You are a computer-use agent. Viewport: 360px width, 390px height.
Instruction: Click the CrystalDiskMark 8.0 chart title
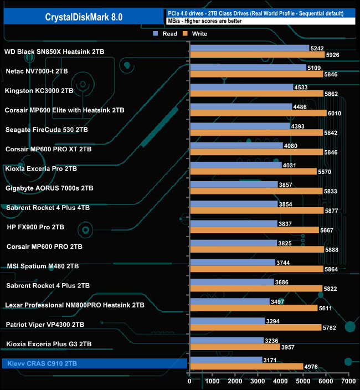pyautogui.click(x=84, y=17)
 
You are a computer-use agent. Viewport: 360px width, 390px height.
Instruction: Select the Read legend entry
pyautogui.click(x=166, y=34)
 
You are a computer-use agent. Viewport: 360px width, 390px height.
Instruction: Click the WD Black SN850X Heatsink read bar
pyautogui.click(x=249, y=48)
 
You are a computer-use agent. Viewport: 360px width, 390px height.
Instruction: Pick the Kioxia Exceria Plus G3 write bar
pyautogui.click(x=234, y=347)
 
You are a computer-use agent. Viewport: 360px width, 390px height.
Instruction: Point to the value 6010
pyautogui.click(x=335, y=114)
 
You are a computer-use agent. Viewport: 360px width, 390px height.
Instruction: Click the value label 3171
pyautogui.click(x=270, y=360)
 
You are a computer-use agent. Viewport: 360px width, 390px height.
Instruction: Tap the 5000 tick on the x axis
pyautogui.click(x=303, y=381)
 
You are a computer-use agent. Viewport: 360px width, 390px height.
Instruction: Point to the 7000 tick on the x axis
pyautogui.click(x=348, y=381)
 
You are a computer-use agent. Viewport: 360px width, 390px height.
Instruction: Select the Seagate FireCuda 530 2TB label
pyautogui.click(x=46, y=130)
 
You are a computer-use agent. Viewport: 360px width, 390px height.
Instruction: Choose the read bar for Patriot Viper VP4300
pyautogui.click(x=227, y=321)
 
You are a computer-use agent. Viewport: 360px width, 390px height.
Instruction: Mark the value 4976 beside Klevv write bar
pyautogui.click(x=311, y=367)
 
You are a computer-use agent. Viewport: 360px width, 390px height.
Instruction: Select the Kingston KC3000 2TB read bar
pyautogui.click(x=241, y=87)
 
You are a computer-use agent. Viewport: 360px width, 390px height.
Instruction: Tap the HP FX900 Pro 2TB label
pyautogui.click(x=35, y=227)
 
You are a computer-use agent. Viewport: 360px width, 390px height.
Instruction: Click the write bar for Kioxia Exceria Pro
pyautogui.click(x=253, y=172)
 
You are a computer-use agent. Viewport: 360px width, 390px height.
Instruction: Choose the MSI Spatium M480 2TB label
pyautogui.click(x=43, y=266)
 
